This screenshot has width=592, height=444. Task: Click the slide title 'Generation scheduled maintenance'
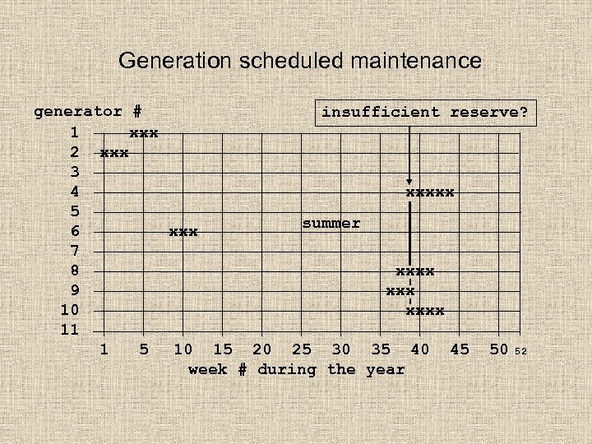coord(300,60)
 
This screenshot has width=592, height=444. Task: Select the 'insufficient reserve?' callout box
coord(425,112)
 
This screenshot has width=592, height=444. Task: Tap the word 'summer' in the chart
coord(331,224)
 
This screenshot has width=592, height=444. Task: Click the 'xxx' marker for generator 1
coord(144,132)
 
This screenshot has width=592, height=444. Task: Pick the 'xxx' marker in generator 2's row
coord(114,153)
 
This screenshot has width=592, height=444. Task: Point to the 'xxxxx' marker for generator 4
coord(430,192)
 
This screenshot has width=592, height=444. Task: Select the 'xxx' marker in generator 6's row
coord(183,233)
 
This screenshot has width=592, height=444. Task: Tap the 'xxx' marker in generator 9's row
coord(400,291)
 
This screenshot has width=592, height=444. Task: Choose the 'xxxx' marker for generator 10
coord(425,311)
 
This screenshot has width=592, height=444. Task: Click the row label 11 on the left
coord(69,330)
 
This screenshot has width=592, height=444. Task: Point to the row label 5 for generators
coord(75,212)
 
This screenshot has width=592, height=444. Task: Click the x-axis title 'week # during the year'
coord(297,369)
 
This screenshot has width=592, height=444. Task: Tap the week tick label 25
coord(302,349)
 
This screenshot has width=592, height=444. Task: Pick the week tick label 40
coord(420,349)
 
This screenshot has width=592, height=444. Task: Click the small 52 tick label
coord(520,352)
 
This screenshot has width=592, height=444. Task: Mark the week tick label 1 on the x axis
coord(104,349)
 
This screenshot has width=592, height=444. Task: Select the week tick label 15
coord(223,349)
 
